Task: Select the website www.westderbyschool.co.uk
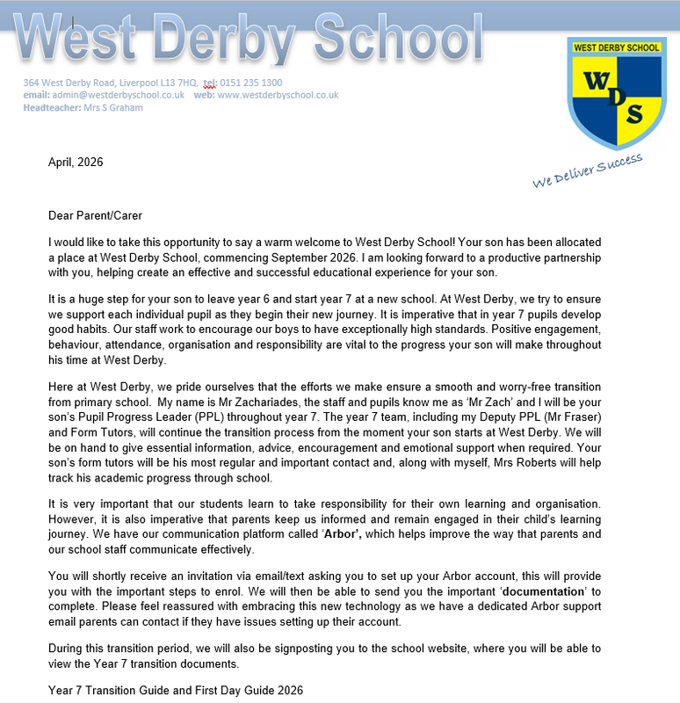pos(278,95)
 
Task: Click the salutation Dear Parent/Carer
pos(95,215)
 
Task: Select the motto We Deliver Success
pos(587,170)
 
